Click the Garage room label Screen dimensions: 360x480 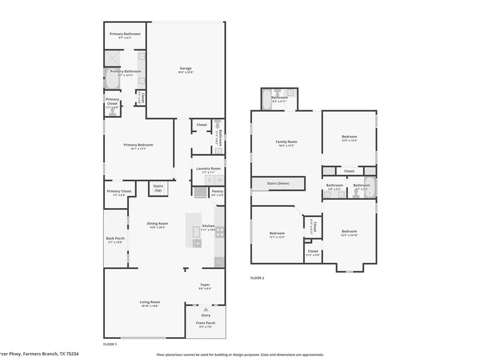point(186,68)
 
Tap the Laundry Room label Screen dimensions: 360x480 point(208,168)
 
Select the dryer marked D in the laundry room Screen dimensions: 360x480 point(209,180)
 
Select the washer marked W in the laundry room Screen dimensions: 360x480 point(219,180)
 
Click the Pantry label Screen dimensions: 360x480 point(217,191)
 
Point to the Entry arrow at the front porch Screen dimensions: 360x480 point(206,309)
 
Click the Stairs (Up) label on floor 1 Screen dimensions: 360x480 point(158,188)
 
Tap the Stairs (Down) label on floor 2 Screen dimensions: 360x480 point(278,183)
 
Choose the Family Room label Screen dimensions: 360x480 point(286,142)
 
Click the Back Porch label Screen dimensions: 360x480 point(115,238)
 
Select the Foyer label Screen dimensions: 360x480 point(205,285)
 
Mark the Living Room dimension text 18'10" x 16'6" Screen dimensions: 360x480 point(150,306)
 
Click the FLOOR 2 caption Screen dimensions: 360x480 point(257,278)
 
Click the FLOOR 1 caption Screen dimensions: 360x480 point(110,344)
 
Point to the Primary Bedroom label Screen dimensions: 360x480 point(138,145)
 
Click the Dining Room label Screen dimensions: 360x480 point(157,224)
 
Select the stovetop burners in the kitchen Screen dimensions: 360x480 point(219,232)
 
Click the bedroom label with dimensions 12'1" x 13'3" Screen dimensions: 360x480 point(277,233)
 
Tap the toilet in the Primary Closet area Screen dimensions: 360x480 point(112,112)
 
